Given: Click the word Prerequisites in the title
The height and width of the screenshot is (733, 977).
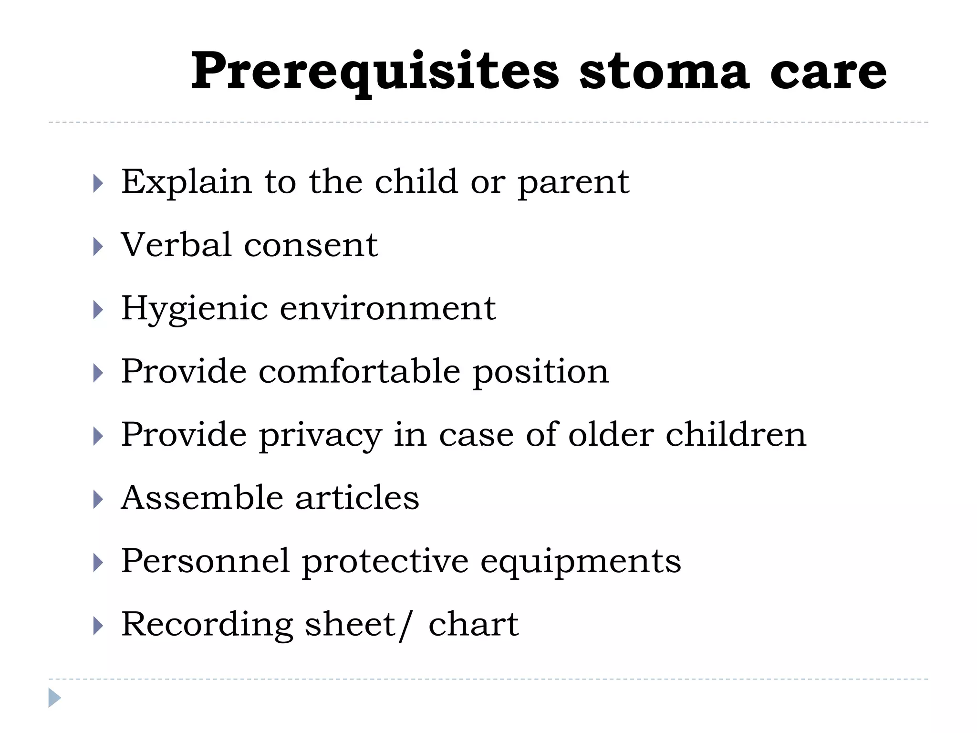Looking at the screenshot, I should (375, 72).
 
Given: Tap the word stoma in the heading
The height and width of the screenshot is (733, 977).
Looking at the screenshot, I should (664, 72).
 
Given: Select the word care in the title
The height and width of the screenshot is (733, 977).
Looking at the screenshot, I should (829, 72).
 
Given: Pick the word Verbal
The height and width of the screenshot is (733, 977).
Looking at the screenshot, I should (177, 245).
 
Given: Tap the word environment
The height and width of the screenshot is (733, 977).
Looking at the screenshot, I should (388, 309).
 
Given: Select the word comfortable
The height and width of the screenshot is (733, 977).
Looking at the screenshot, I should (360, 372).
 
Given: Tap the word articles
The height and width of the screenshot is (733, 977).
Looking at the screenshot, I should (357, 498).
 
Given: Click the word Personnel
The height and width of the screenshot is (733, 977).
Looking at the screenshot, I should (206, 561).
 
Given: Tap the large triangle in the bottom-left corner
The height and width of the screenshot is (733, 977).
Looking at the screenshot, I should (54, 698).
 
